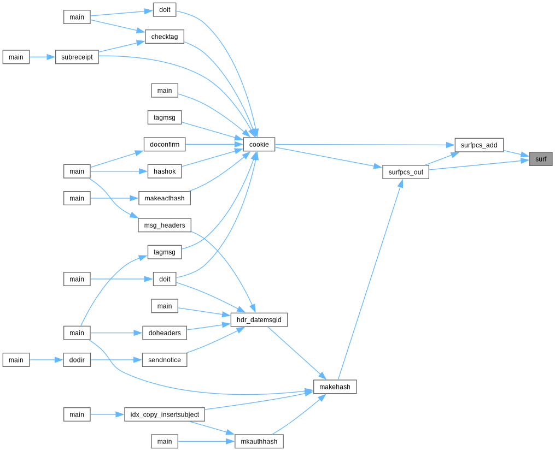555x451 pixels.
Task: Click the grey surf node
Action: click(540, 159)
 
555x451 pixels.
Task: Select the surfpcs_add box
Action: click(479, 145)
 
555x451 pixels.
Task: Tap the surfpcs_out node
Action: click(406, 172)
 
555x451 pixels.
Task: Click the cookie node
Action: click(259, 144)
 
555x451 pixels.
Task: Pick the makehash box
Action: click(335, 387)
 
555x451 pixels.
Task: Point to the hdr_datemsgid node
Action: click(259, 319)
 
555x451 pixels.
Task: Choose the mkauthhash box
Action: click(259, 441)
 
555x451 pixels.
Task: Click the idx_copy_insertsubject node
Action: click(165, 414)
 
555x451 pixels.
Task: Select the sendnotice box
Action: click(165, 360)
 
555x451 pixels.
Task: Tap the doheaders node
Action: click(165, 333)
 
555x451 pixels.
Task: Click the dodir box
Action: click(77, 360)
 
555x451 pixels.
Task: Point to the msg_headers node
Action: click(165, 225)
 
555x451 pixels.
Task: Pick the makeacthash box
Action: click(165, 198)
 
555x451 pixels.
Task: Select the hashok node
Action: click(165, 171)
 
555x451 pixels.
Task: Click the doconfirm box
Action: click(165, 144)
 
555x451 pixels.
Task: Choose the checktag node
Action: click(165, 37)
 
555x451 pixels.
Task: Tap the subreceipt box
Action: click(77, 57)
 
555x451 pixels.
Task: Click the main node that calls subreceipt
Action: click(16, 57)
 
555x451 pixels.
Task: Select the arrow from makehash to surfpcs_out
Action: click(370, 280)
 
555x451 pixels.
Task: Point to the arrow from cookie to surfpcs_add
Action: click(365, 145)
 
